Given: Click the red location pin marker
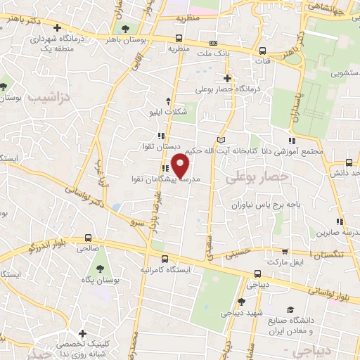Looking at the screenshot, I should [181, 165].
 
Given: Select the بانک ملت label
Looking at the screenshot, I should [214, 53].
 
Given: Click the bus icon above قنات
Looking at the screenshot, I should [262, 51].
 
